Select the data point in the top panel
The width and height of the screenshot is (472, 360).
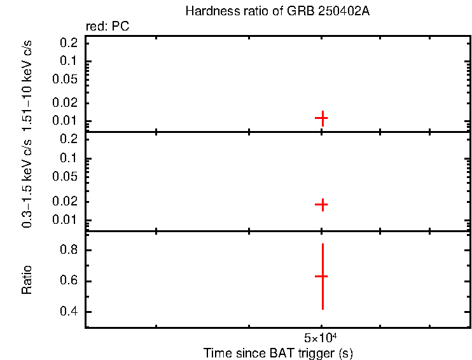point(322,118)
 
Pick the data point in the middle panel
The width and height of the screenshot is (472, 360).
point(322,204)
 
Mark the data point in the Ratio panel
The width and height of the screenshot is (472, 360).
point(322,276)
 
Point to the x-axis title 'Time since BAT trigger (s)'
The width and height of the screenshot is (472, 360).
point(278,352)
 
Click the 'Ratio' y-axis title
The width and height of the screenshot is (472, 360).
point(27,279)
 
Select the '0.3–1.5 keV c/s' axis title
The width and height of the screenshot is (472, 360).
point(27,182)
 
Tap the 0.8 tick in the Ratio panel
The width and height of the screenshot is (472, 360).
point(69,251)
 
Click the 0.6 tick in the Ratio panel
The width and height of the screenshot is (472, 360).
point(69,281)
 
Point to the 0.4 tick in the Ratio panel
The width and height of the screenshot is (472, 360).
point(69,312)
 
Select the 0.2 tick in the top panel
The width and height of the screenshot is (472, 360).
point(69,43)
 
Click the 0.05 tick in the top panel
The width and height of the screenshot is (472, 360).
point(67,80)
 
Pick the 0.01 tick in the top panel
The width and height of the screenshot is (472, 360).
point(67,121)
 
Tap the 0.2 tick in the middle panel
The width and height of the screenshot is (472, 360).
point(69,139)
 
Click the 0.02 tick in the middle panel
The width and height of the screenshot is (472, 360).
point(67,202)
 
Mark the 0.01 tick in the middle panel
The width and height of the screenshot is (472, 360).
point(67,220)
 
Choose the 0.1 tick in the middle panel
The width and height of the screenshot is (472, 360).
point(69,158)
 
